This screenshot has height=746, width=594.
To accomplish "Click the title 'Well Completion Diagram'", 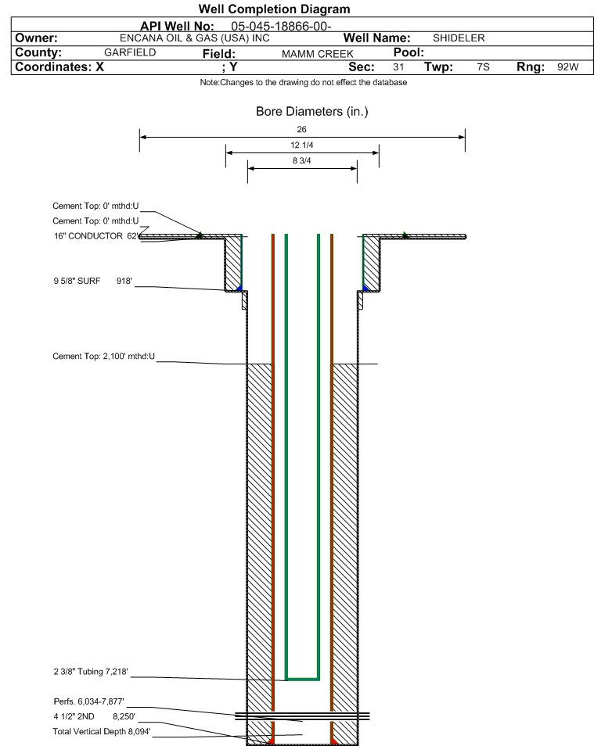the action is [x=274, y=9].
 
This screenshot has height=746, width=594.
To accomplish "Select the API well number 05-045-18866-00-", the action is [x=281, y=26].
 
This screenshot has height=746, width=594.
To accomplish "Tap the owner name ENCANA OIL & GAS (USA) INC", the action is [x=194, y=38].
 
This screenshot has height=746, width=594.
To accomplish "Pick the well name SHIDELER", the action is [x=459, y=38].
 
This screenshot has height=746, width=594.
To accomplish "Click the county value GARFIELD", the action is [x=130, y=52].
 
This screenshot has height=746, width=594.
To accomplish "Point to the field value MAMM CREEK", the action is [x=317, y=54].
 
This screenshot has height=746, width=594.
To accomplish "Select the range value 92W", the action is [x=568, y=66].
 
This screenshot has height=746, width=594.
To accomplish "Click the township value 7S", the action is [x=483, y=66].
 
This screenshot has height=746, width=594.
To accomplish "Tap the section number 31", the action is [x=398, y=66].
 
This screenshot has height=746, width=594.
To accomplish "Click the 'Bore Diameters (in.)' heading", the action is [x=312, y=111].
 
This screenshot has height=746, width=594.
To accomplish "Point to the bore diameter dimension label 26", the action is [x=301, y=129].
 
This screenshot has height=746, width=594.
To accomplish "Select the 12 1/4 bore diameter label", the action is [x=302, y=145].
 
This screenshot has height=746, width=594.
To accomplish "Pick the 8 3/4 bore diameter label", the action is [x=302, y=161].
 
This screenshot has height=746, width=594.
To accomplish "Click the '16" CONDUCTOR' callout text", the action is [x=88, y=236].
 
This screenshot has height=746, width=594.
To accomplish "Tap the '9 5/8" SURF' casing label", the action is [x=77, y=281].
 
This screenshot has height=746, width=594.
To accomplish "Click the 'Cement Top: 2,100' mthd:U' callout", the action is [x=104, y=357].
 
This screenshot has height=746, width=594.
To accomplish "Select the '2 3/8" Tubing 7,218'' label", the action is [x=91, y=672].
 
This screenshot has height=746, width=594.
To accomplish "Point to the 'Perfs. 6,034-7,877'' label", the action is [x=89, y=701].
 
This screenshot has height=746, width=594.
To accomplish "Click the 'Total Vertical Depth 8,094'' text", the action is [x=102, y=731].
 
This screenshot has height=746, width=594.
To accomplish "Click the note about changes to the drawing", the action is [x=304, y=82].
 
